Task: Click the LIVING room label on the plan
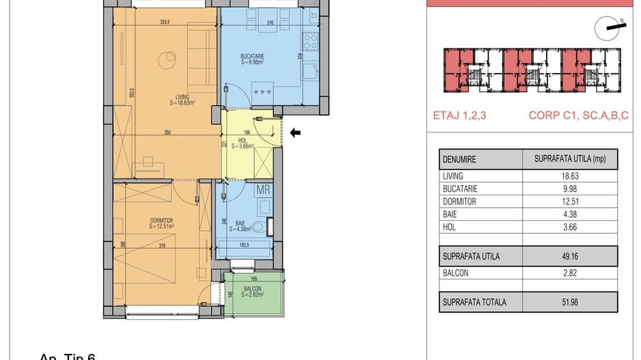coord(182,97)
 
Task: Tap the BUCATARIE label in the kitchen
coord(251,56)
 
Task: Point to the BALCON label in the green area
coord(254,289)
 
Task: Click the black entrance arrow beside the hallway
coord(295,133)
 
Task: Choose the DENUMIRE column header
coord(459,159)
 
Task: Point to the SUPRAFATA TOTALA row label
coord(474,301)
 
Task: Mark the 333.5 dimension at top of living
coord(164,22)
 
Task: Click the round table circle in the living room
coord(167,60)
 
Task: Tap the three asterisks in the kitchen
coord(262,91)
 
